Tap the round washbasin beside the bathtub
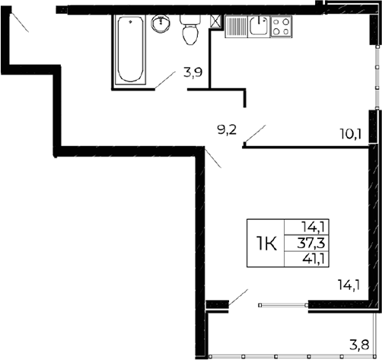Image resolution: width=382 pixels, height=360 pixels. pos(161,25)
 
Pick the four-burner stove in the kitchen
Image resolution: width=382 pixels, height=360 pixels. pos(279,27)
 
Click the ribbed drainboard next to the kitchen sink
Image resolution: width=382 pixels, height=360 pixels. pos(236,27)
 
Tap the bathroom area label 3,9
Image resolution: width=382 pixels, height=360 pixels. pos(192,74)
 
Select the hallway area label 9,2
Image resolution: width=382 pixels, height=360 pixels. pos(227,130)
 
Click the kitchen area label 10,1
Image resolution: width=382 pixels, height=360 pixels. pos(349,136)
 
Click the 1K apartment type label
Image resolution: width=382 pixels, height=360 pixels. pos(266,244)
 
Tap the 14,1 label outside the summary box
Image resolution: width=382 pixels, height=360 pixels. pos(349,286)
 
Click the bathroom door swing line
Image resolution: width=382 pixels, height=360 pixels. pos(165,80)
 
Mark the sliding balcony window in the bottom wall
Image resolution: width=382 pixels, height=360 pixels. pos(282,304)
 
